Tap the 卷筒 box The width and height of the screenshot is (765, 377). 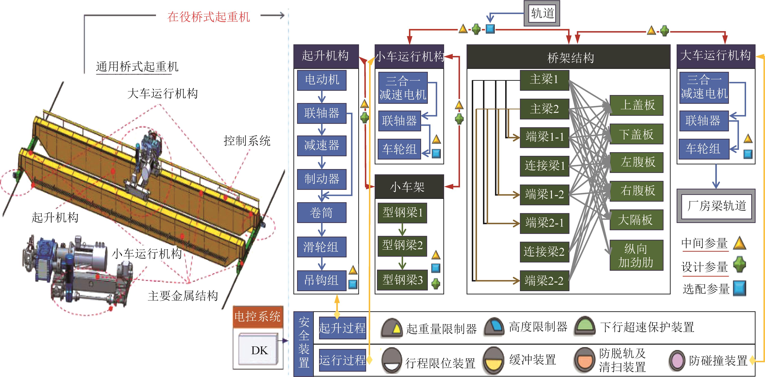click(x=322, y=213)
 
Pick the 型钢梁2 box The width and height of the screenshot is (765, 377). click(x=402, y=246)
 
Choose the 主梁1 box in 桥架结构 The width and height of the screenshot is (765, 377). click(x=544, y=80)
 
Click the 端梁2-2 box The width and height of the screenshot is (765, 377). click(x=544, y=280)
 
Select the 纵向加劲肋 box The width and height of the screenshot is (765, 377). click(x=636, y=255)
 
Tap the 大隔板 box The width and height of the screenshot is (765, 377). click(x=636, y=220)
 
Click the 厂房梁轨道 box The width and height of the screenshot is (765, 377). click(x=716, y=206)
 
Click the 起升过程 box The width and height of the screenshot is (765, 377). click(x=342, y=328)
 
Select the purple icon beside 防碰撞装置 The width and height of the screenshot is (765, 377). click(x=677, y=360)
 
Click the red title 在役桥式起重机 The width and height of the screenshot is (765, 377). click(x=209, y=17)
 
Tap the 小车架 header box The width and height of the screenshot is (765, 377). click(x=409, y=187)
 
